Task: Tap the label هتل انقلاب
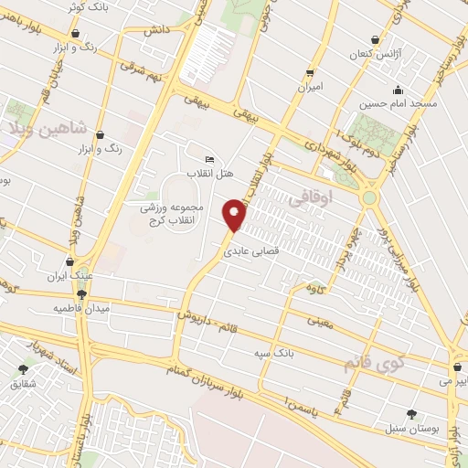[x=211, y=173]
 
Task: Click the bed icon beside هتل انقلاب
[x=211, y=160]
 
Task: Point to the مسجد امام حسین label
[x=397, y=104]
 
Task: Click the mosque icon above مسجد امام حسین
[x=397, y=90]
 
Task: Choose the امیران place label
[x=311, y=88]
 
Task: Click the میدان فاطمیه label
[x=81, y=308]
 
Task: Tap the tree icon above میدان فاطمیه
[x=82, y=294]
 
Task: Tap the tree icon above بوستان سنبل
[x=411, y=414]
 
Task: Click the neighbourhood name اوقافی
[x=318, y=196]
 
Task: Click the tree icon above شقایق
[x=23, y=369]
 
